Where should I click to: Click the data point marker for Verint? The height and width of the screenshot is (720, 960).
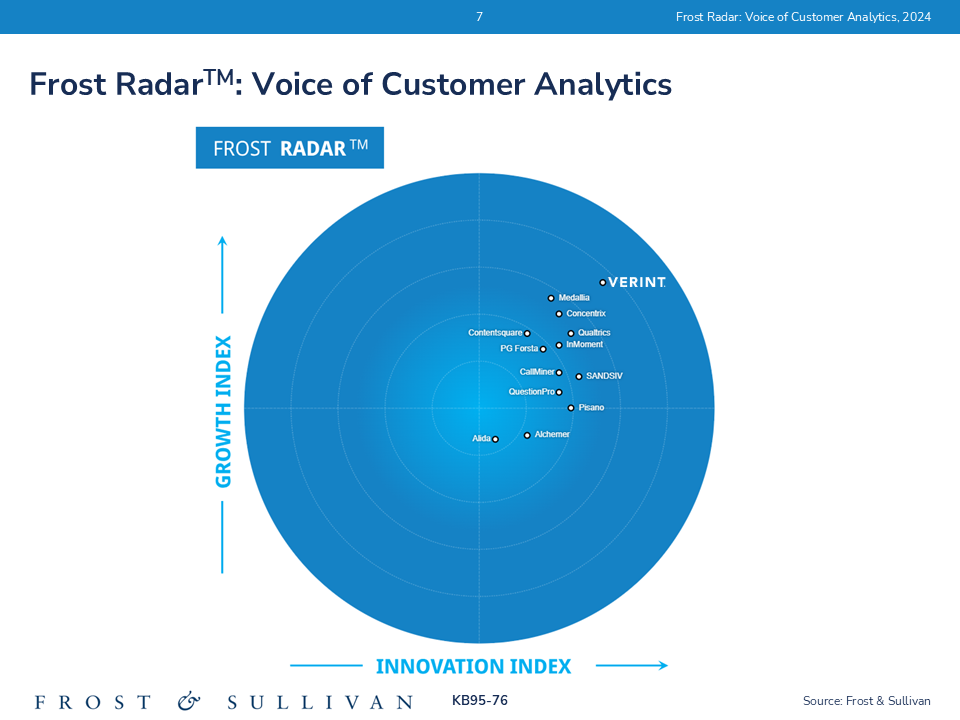(602, 282)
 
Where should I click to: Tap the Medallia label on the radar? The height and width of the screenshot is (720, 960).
(574, 298)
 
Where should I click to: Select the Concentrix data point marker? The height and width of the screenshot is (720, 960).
(559, 314)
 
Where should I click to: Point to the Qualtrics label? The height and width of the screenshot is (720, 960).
(594, 333)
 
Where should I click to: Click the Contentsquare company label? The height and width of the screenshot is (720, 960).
(495, 333)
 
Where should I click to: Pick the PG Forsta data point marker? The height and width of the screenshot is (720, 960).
(543, 349)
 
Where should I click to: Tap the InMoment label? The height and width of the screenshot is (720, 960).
(584, 345)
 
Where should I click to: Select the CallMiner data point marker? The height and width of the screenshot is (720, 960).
(559, 372)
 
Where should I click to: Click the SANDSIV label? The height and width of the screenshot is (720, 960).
(604, 377)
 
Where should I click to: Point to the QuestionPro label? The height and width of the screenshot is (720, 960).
(531, 392)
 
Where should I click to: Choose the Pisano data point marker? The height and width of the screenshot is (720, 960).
(571, 408)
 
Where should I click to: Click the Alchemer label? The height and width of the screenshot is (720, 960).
(552, 434)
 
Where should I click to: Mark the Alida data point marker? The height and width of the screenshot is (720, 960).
(495, 439)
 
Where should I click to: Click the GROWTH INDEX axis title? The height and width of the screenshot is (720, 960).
(223, 411)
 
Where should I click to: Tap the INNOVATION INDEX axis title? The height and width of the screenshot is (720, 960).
(473, 666)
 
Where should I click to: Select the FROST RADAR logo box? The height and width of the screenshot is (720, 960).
(290, 148)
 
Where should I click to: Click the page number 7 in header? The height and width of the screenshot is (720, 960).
(479, 17)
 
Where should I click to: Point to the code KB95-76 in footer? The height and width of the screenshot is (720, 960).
(480, 701)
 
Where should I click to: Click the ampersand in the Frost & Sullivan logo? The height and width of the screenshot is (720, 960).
(190, 701)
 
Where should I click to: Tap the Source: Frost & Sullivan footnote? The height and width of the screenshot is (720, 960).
(866, 701)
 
